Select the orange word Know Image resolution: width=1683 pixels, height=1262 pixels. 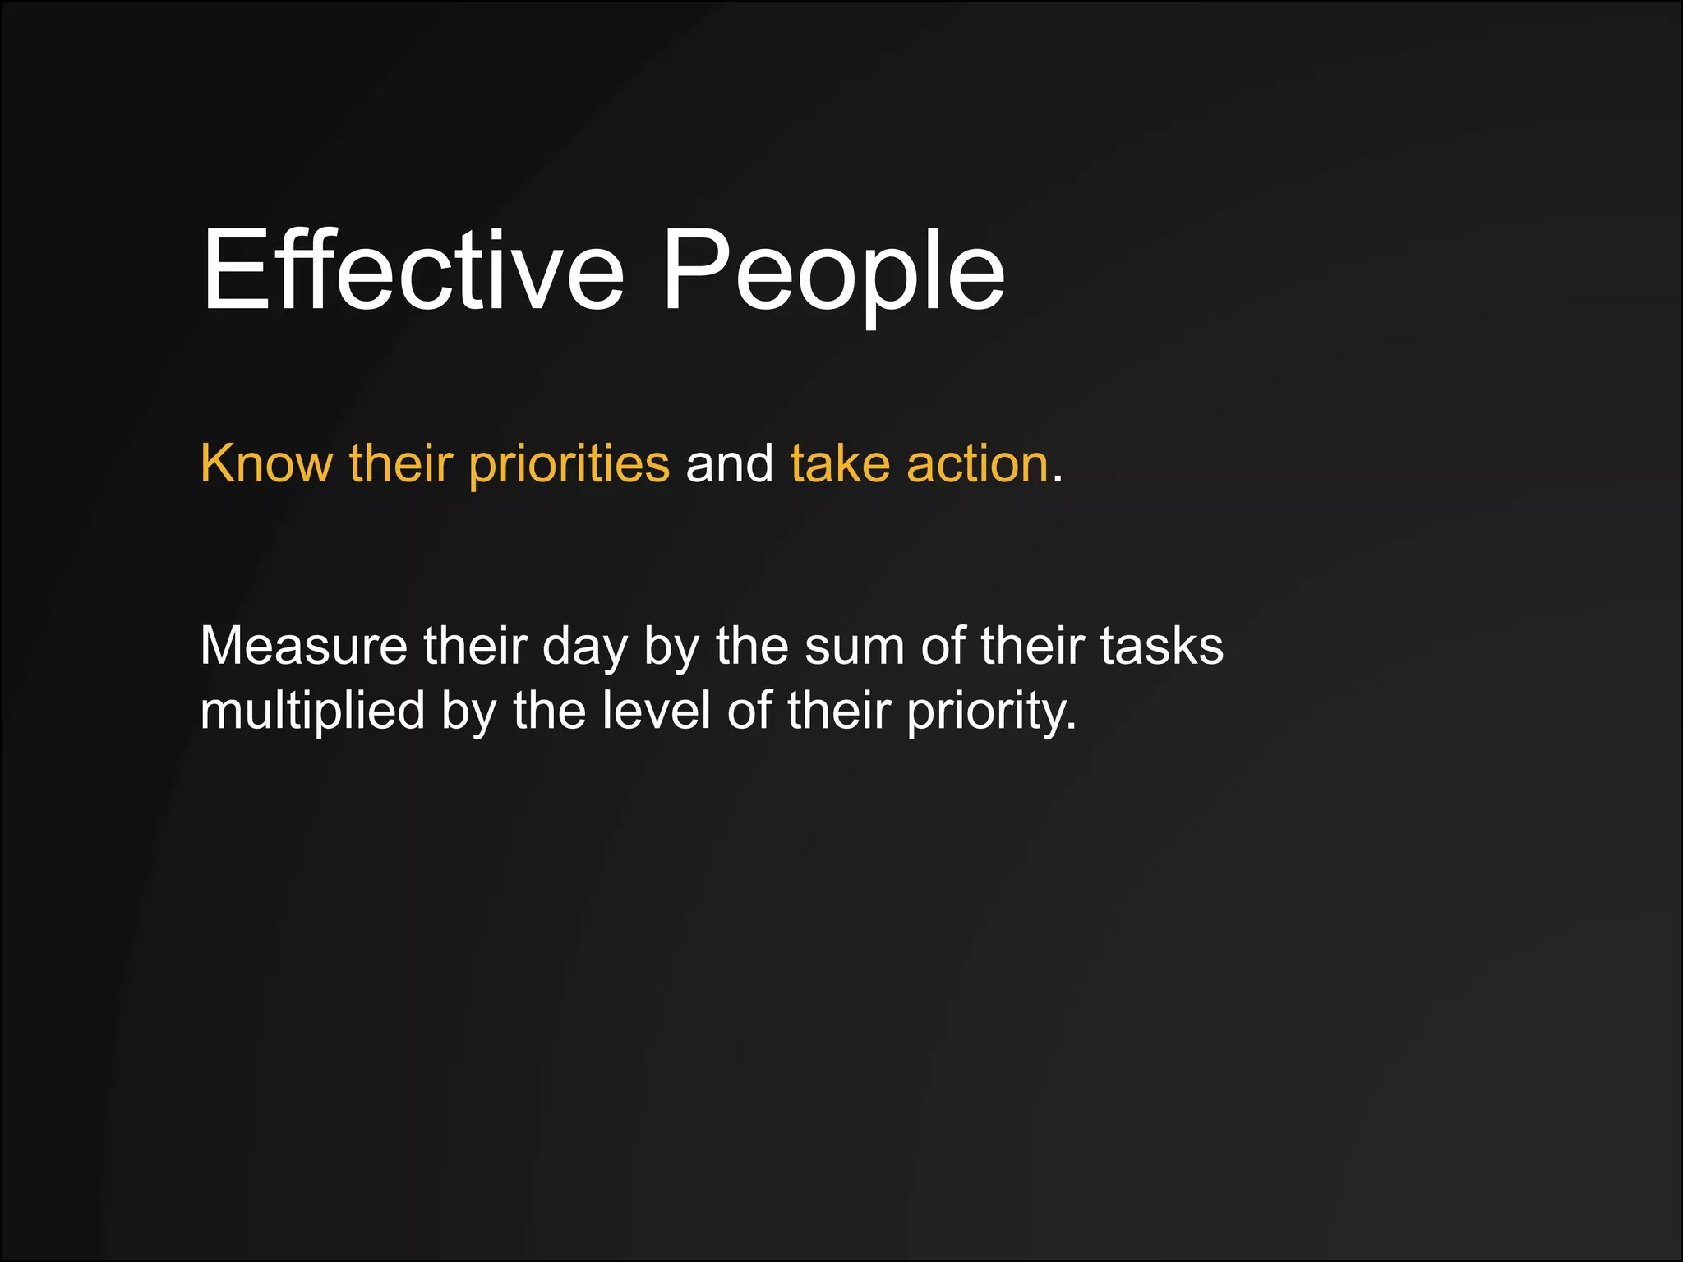tap(266, 463)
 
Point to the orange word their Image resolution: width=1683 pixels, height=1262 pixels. tap(400, 463)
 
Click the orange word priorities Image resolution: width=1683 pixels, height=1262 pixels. tap(569, 465)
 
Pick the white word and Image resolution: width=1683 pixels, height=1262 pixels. tap(729, 463)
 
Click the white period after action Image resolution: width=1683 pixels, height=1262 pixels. tap(1058, 478)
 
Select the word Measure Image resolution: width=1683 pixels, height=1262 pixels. tap(303, 646)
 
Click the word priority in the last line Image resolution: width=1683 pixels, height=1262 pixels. tap(991, 712)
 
